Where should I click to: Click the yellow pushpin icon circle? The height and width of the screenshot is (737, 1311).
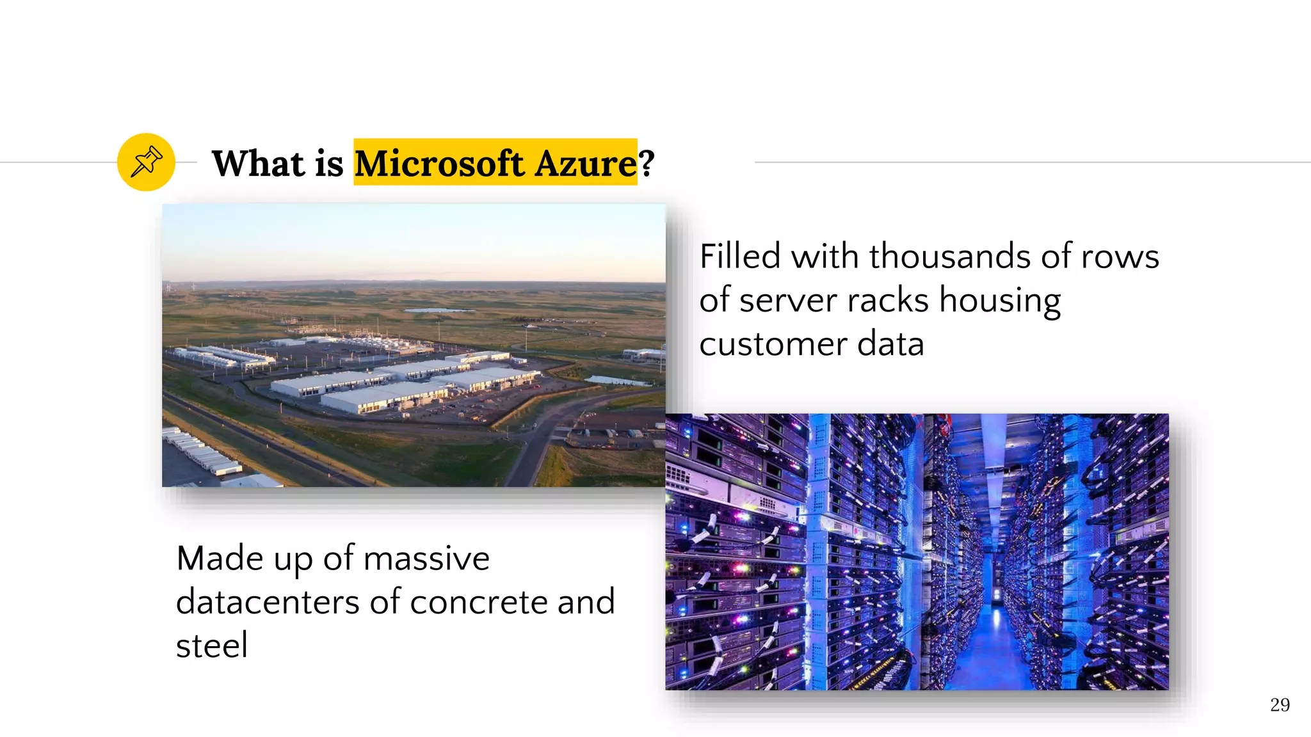pos(146,162)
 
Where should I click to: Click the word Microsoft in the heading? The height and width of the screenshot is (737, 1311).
pos(440,163)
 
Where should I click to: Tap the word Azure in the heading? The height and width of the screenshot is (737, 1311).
pos(585,163)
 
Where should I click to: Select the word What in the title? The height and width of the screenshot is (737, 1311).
pos(257,163)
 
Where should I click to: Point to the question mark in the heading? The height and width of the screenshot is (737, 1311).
pos(647,163)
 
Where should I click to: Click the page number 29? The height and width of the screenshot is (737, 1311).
pos(1280,705)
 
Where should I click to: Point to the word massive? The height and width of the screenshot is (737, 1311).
pos(426,558)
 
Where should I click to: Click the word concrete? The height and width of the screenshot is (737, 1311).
pos(478,602)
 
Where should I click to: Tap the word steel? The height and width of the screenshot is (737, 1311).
pos(212,645)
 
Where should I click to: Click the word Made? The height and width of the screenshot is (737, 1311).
pos(220,558)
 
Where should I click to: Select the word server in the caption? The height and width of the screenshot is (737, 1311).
pos(787,300)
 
